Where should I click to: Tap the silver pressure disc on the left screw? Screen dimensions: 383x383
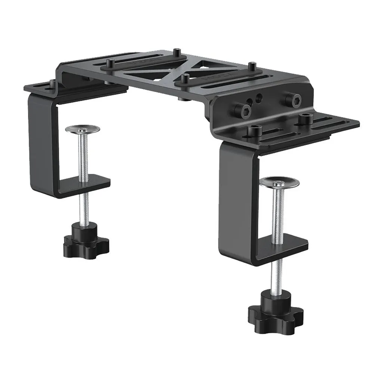(x=82, y=129)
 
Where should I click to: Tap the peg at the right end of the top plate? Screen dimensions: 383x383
(x=253, y=67)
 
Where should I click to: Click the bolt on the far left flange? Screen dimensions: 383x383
(x=52, y=83)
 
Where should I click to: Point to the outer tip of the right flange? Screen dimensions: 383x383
(x=357, y=122)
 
